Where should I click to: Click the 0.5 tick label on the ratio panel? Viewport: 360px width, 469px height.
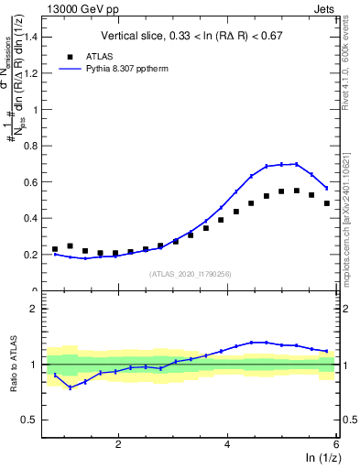click(33, 420)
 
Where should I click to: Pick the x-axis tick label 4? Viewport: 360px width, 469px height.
click(226, 444)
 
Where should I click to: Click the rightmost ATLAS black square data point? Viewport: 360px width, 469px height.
click(327, 203)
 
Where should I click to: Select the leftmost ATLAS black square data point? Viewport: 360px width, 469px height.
click(55, 249)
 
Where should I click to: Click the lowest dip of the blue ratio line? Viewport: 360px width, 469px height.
click(70, 387)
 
